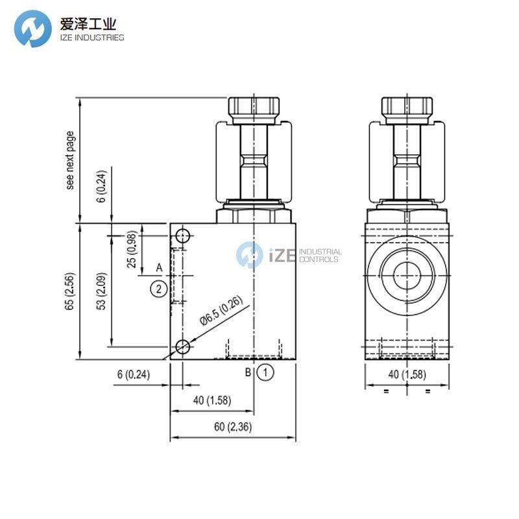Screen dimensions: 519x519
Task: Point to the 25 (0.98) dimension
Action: tap(132, 250)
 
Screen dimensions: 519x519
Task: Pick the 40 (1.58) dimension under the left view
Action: tap(211, 400)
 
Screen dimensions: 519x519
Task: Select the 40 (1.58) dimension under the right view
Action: tap(407, 374)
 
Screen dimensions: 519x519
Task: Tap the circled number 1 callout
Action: tap(265, 372)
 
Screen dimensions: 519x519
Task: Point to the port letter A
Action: tap(158, 267)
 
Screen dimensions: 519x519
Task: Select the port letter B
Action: tap(248, 372)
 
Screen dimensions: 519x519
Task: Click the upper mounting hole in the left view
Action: tap(184, 235)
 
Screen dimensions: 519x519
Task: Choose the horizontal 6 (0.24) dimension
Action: tap(133, 374)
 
